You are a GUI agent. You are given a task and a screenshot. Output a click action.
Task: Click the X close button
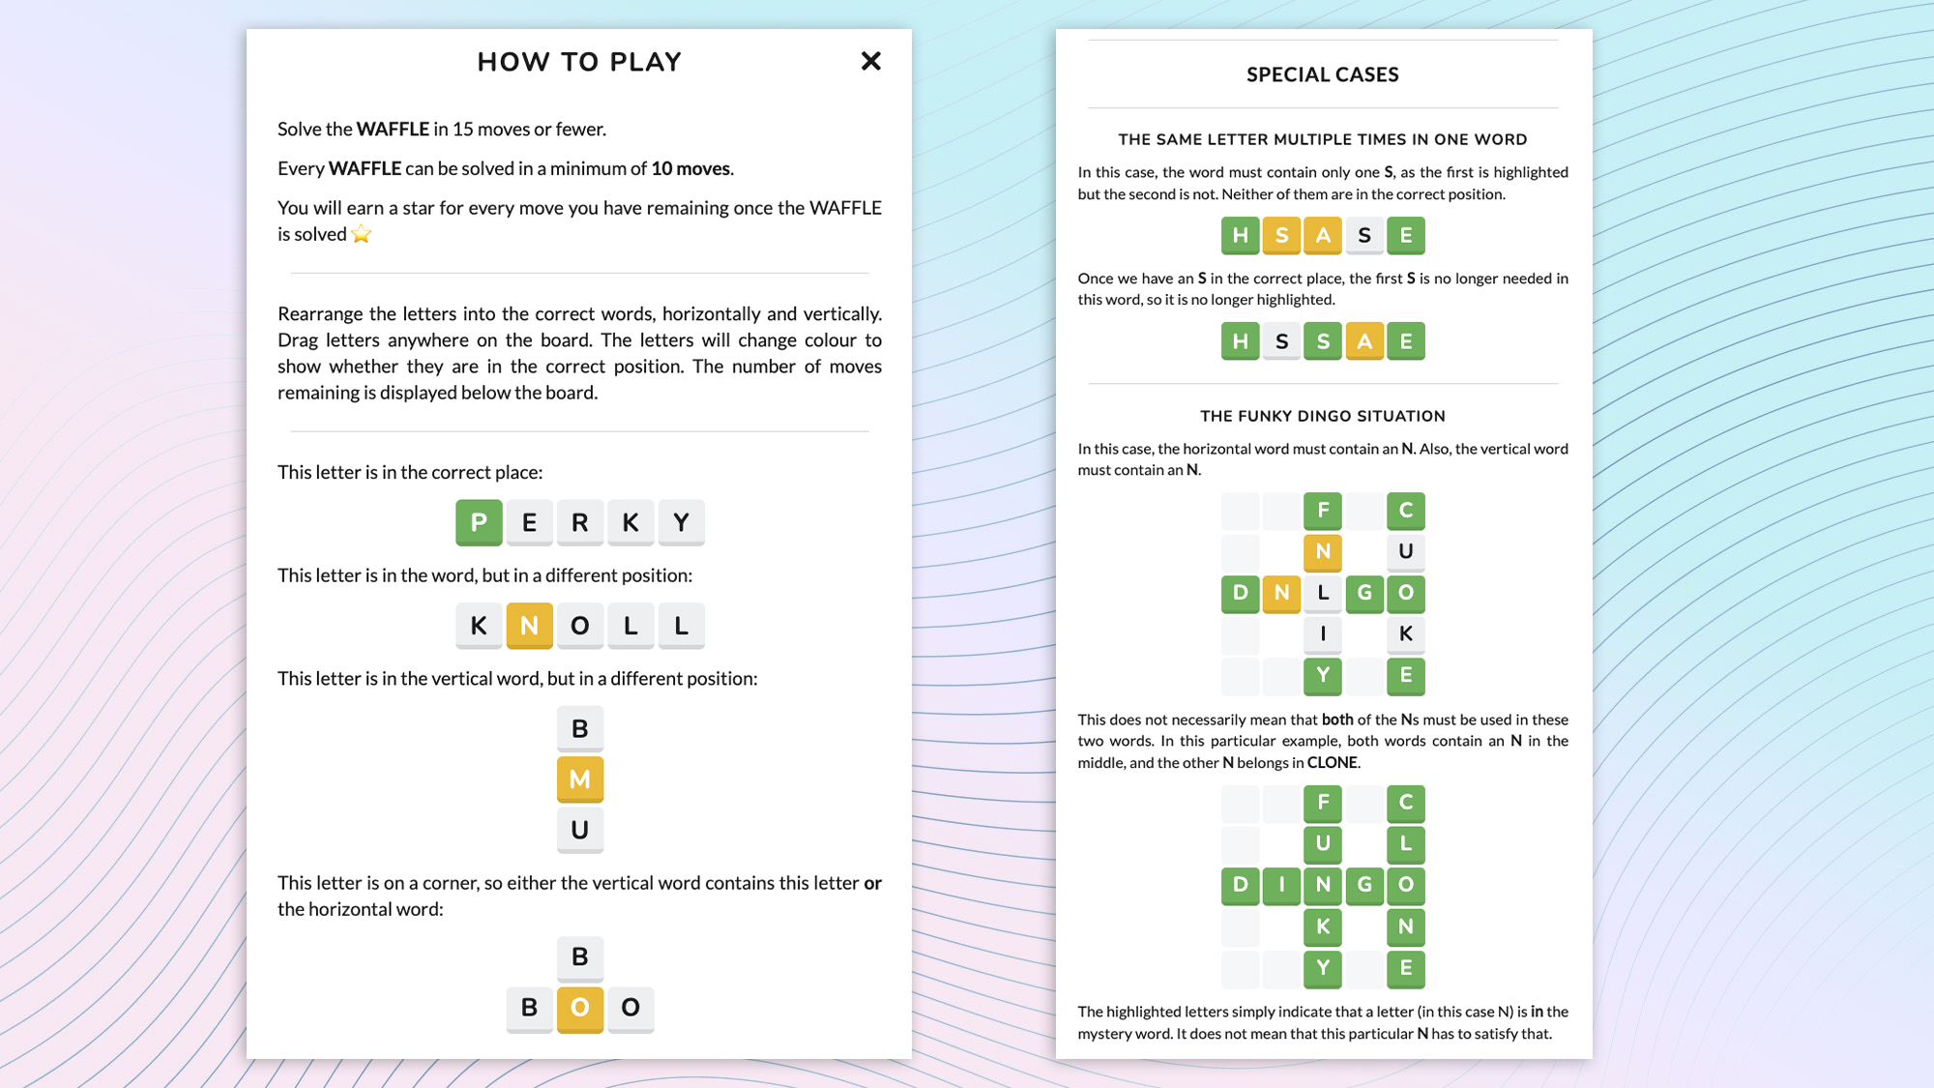coord(870,61)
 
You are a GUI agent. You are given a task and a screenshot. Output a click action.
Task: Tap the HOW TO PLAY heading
coord(579,62)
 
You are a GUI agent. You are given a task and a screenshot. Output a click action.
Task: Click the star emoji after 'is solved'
coord(361,234)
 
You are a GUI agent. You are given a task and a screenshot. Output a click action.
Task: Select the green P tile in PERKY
coord(479,522)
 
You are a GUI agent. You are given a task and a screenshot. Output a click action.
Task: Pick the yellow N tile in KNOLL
coord(529,625)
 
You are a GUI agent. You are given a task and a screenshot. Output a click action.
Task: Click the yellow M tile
coord(579,779)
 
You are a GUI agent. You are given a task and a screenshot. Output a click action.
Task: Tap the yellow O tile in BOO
coord(579,1008)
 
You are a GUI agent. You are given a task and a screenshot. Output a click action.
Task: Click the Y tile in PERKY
coord(681,522)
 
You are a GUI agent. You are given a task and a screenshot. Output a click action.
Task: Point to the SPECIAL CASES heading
coord(1322,74)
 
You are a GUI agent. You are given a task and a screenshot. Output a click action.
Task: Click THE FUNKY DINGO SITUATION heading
coord(1322,416)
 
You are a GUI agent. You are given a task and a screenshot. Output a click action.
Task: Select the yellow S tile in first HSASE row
coord(1281,235)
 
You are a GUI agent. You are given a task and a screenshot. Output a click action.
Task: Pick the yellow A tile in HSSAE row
coord(1363,341)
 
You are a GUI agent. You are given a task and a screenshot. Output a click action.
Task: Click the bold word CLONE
coord(1332,762)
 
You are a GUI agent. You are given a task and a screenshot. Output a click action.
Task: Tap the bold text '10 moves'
coord(690,168)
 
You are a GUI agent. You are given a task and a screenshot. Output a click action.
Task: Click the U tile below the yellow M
coord(579,830)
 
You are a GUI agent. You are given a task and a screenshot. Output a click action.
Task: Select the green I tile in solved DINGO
coord(1281,884)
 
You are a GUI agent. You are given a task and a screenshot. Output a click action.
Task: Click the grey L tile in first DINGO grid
coord(1323,593)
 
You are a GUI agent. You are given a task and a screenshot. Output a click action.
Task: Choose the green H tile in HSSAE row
coord(1240,341)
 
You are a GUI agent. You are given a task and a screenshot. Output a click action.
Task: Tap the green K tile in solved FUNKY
coord(1323,926)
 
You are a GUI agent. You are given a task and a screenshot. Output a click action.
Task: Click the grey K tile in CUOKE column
coord(1405,633)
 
